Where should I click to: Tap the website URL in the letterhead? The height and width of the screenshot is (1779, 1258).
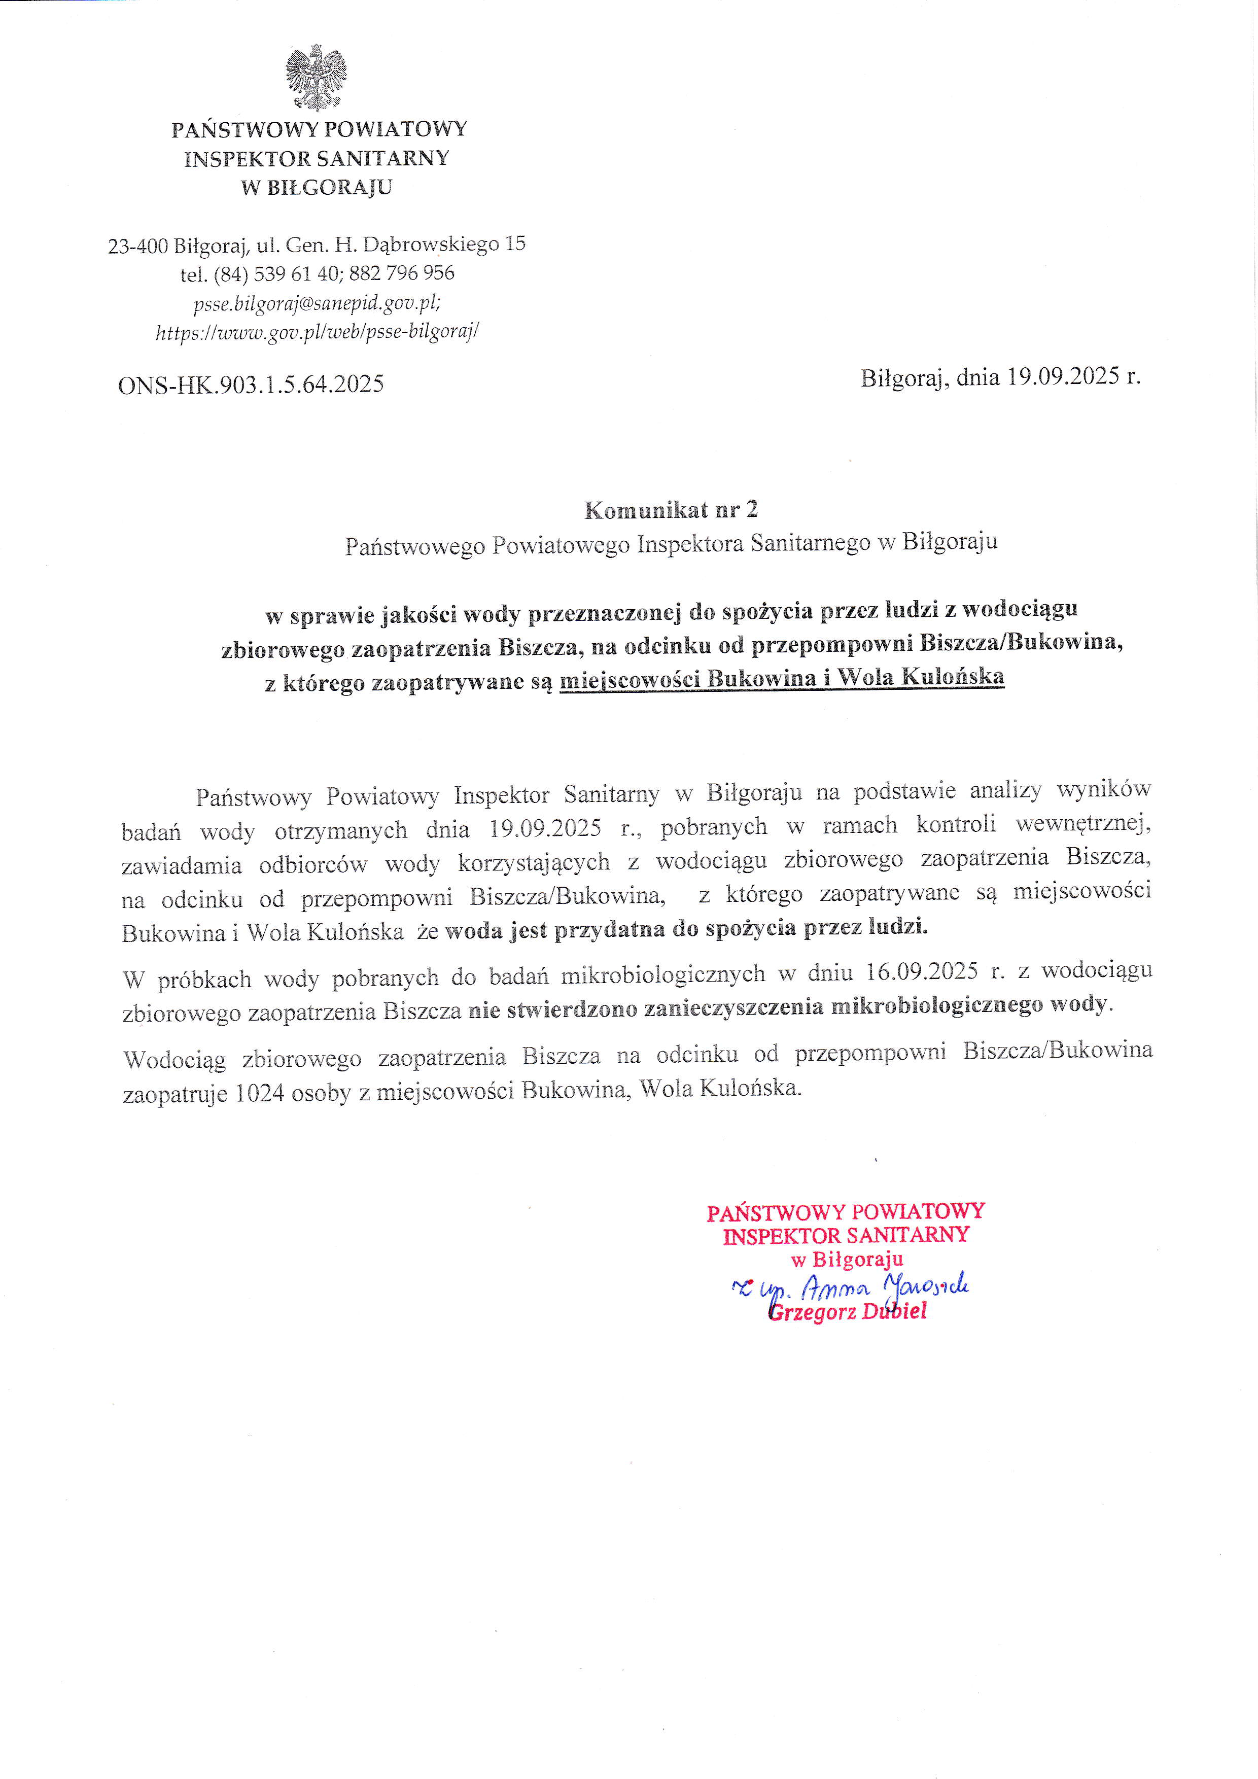point(318,332)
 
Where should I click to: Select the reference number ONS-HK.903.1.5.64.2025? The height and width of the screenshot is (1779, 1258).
point(251,385)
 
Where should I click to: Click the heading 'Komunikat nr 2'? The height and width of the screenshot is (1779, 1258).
point(671,510)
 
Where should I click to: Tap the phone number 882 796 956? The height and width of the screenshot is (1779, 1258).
point(402,273)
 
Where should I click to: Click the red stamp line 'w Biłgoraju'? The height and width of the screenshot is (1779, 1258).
point(847,1261)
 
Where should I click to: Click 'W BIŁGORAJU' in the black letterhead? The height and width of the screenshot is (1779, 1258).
point(317,188)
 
